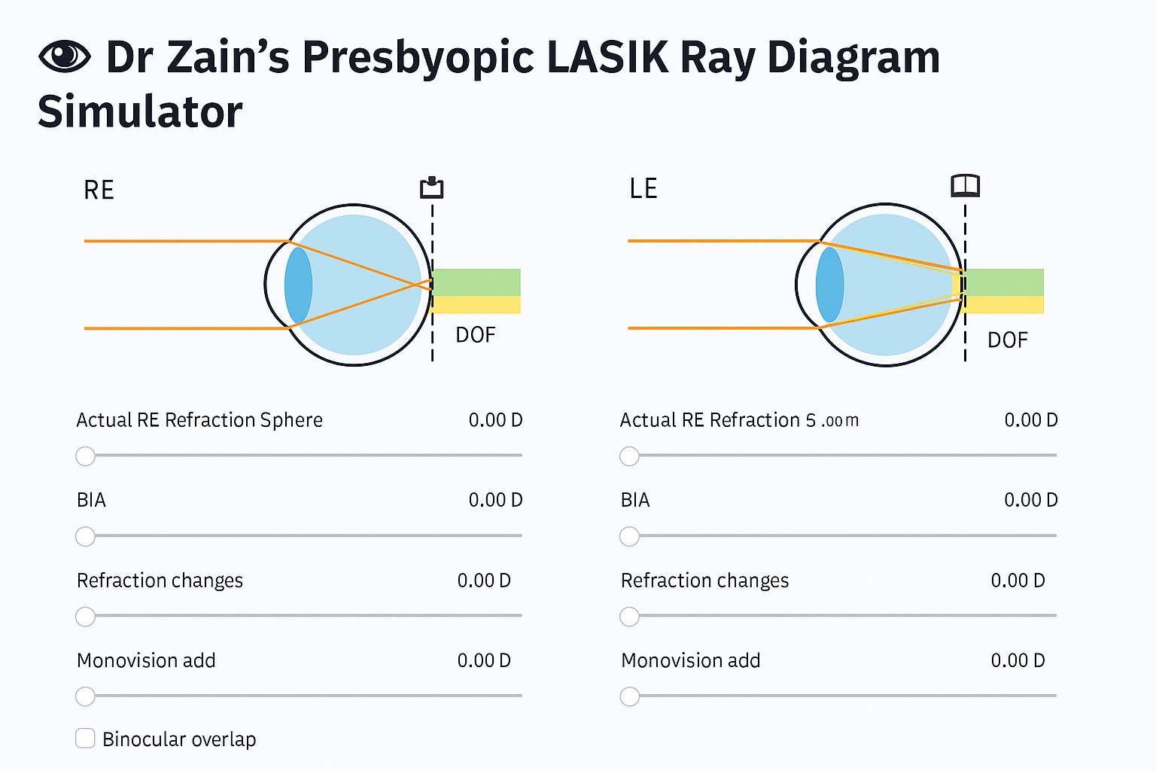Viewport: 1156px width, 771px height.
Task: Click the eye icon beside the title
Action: point(64,56)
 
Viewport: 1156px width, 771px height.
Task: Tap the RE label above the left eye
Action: point(99,190)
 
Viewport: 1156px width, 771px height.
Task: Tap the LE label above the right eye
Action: point(643,189)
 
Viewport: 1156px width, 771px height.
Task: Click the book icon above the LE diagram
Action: point(965,185)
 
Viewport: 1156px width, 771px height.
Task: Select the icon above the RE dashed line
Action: point(431,187)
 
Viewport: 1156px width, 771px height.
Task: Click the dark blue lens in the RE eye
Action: point(298,285)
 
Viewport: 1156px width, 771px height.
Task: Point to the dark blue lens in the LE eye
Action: point(829,285)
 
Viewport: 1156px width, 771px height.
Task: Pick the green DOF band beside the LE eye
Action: point(1005,282)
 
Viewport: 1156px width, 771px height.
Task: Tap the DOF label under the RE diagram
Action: point(476,335)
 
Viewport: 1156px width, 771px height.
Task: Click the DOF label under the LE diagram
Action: point(1007,340)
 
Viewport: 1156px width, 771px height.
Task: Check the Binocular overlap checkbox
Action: point(86,739)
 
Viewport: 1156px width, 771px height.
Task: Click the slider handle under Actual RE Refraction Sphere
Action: point(86,456)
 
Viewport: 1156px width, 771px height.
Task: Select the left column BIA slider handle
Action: point(86,537)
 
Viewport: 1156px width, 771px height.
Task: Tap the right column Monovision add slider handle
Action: point(629,696)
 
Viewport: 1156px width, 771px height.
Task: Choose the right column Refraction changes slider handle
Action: point(629,617)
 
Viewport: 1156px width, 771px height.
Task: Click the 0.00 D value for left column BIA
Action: point(495,500)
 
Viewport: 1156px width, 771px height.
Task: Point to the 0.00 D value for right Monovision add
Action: point(1018,661)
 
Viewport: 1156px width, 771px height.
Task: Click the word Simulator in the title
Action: point(141,112)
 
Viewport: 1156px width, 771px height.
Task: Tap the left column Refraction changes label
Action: point(160,581)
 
